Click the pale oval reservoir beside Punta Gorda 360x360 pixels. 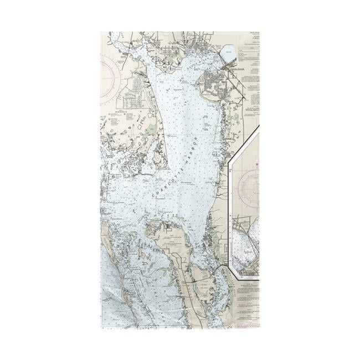(x=228, y=54)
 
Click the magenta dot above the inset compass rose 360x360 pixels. (x=257, y=164)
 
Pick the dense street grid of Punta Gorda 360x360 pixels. (x=213, y=83)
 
